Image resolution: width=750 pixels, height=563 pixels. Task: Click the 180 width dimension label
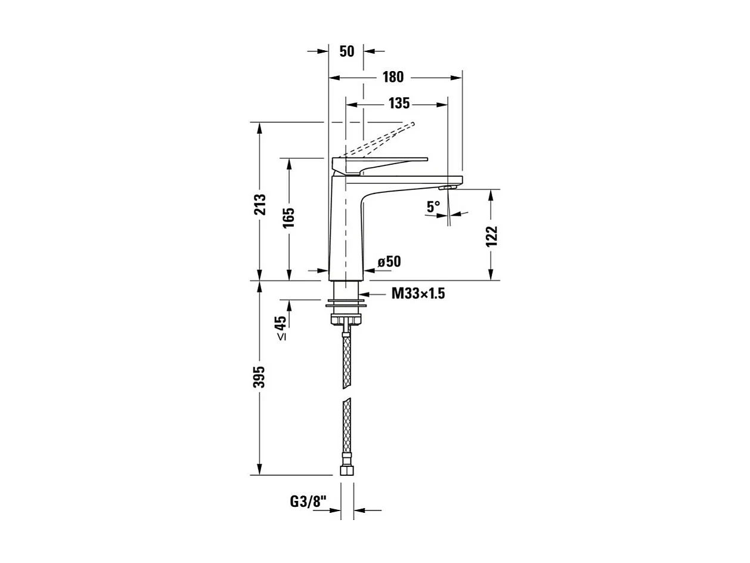[393, 77]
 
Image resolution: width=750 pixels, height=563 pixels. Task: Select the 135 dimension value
[399, 103]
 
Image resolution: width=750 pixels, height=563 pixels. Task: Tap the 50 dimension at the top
[346, 51]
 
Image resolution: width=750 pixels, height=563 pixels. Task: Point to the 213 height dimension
[260, 206]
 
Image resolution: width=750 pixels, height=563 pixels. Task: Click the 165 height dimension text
[289, 218]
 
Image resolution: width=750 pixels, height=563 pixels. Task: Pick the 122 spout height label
[491, 236]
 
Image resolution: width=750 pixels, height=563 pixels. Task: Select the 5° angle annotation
[433, 207]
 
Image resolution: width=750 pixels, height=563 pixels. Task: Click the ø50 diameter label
[389, 261]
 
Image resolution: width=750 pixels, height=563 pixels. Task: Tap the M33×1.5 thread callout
[419, 293]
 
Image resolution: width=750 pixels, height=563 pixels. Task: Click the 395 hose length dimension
[260, 377]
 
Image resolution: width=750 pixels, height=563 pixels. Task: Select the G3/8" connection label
[309, 502]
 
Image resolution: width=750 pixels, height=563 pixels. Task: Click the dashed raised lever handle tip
[410, 125]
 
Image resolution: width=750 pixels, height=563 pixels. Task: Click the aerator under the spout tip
[448, 187]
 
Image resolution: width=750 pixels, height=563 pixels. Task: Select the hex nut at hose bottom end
[346, 470]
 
